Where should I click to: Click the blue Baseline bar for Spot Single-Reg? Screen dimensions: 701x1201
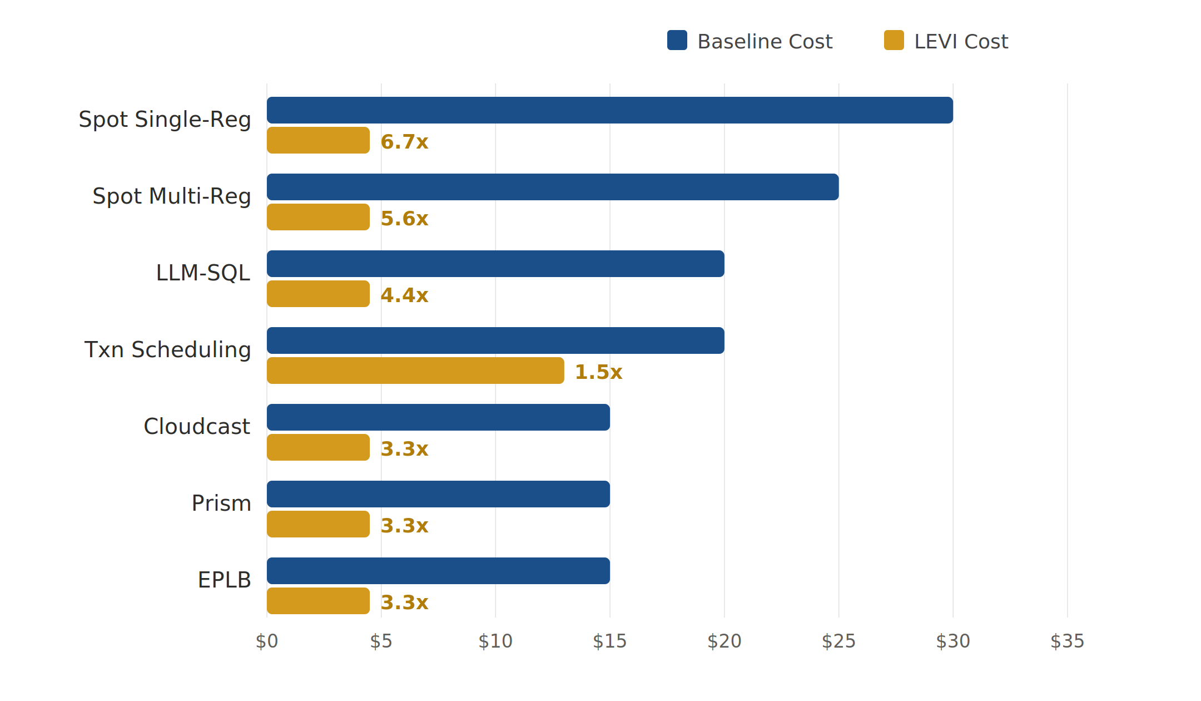coord(609,110)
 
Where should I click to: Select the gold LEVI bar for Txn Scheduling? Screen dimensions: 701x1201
coord(415,371)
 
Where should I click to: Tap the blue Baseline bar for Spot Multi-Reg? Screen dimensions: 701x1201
coord(553,187)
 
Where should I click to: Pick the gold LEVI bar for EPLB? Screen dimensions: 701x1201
coord(318,601)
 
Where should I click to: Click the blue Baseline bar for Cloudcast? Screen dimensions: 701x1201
coord(438,417)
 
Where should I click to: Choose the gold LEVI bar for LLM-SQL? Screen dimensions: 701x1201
coord(318,294)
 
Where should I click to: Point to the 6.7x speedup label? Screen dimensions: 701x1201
coord(404,142)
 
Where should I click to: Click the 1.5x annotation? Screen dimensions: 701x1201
coord(598,372)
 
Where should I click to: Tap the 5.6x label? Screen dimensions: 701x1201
coord(404,219)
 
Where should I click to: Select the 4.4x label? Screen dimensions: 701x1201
coord(404,295)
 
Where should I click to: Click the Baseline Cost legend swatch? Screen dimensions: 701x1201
coord(677,40)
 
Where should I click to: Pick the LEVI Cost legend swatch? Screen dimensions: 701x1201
coord(894,40)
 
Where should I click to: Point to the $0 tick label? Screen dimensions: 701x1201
coord(267,641)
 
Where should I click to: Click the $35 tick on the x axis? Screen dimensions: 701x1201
coord(1067,641)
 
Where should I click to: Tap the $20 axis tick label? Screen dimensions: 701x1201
coord(724,641)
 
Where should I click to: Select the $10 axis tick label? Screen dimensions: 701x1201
coord(495,641)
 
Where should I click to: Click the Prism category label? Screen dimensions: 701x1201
coord(221,503)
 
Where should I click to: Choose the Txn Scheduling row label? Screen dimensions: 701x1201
coord(167,350)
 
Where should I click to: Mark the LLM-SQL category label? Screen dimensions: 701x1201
coord(203,273)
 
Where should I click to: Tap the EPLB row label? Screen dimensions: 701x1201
coord(224,580)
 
